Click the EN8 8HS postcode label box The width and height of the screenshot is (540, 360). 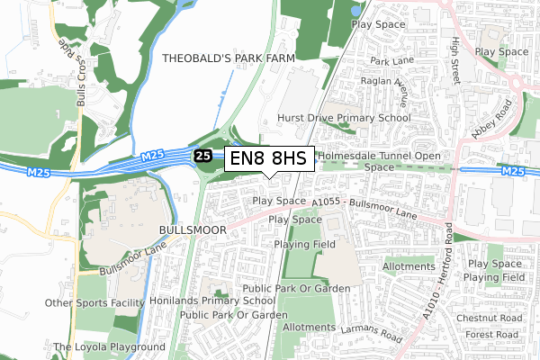click(268, 159)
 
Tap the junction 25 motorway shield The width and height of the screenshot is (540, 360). click(204, 157)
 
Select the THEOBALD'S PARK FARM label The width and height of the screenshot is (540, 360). click(229, 58)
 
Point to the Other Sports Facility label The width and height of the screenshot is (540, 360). click(95, 303)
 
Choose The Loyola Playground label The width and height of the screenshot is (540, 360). click(109, 346)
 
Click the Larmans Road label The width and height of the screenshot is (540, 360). click(369, 333)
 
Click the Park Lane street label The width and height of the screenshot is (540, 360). click(391, 62)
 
